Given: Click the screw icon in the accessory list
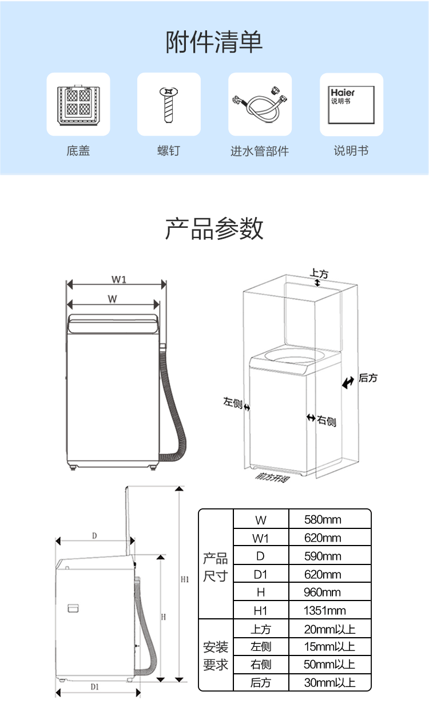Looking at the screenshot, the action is tap(169, 104).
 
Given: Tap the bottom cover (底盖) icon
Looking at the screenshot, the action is tap(78, 104).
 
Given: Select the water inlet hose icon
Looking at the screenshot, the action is tap(260, 104).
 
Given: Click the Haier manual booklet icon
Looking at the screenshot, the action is tap(351, 104).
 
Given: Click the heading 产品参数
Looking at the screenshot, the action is tap(214, 228).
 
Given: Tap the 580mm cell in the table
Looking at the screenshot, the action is tap(323, 520).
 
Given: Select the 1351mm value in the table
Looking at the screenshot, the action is tap(325, 611).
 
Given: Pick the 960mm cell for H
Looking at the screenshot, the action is tap(323, 592).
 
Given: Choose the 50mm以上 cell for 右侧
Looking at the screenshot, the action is tap(329, 665).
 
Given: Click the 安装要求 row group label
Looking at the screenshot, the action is tap(216, 656).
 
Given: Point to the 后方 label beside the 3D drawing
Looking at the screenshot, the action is tap(368, 378).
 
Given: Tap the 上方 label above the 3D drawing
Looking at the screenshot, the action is tap(319, 274).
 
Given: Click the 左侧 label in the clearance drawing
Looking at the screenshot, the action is tap(232, 402).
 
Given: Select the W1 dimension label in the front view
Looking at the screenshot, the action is tap(119, 280).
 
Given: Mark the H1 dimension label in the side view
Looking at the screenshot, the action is tap(185, 579).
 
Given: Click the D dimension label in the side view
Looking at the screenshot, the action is tap(94, 536).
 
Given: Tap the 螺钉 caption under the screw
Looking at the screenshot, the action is tap(169, 151).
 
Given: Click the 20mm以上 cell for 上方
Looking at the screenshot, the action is tap(329, 629).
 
